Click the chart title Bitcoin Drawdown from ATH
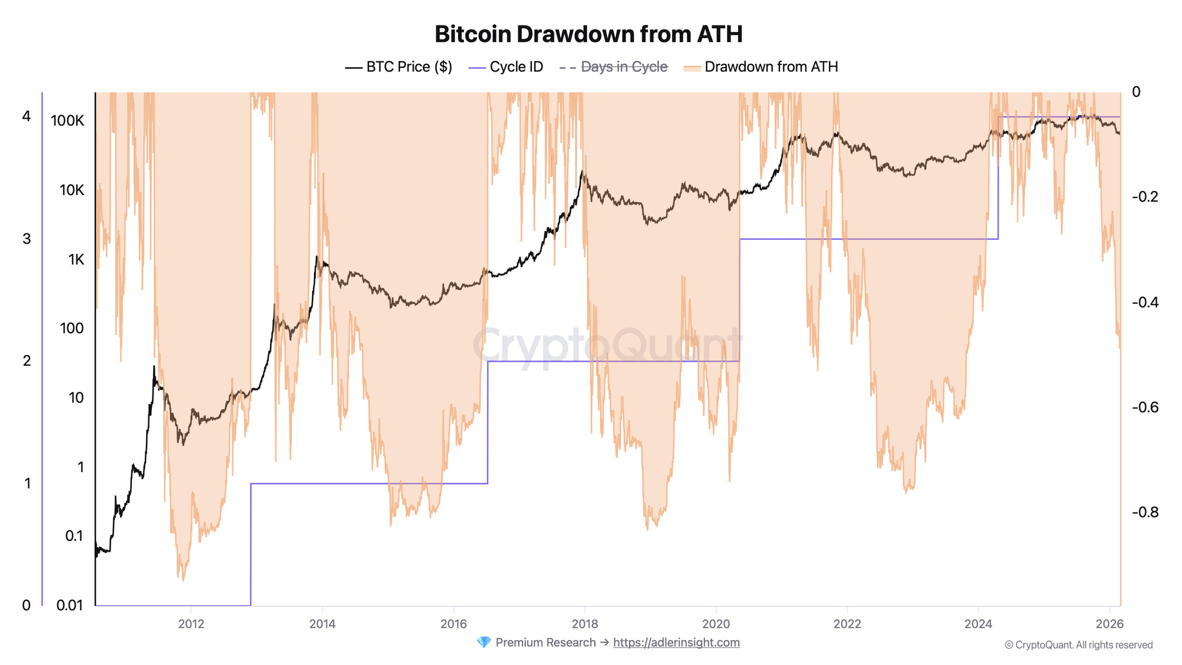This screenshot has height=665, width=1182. [588, 34]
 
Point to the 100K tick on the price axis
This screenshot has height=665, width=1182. [67, 121]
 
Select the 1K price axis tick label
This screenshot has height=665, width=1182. [76, 259]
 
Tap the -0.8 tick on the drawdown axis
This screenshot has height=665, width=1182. [1145, 512]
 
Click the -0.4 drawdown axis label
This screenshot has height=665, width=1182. [1145, 302]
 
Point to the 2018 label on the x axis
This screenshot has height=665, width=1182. [584, 624]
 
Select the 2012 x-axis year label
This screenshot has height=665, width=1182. [191, 624]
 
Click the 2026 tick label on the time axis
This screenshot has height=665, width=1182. [1109, 624]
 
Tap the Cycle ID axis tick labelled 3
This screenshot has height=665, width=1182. [27, 239]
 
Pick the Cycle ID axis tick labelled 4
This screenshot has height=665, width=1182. [27, 116]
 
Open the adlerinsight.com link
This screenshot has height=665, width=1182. [676, 643]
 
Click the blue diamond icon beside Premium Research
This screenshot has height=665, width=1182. [483, 643]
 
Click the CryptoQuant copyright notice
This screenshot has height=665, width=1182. [1079, 645]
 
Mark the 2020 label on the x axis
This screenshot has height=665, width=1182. [716, 624]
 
